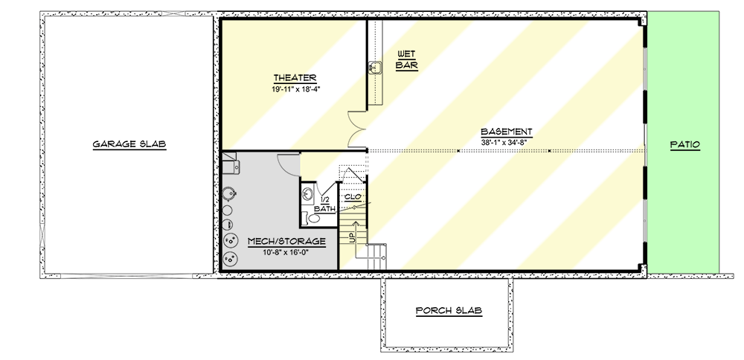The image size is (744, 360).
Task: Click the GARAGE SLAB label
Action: click(129, 144)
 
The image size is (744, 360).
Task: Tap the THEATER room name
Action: click(295, 78)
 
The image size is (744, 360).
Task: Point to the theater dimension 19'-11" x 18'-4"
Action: click(295, 89)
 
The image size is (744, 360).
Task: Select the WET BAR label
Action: click(405, 60)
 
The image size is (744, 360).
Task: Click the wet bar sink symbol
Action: click(374, 68)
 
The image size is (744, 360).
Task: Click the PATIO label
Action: click(684, 144)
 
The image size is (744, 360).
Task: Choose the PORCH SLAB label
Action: click(448, 310)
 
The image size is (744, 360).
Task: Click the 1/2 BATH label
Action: click(324, 205)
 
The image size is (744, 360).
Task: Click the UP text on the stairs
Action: click(351, 237)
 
